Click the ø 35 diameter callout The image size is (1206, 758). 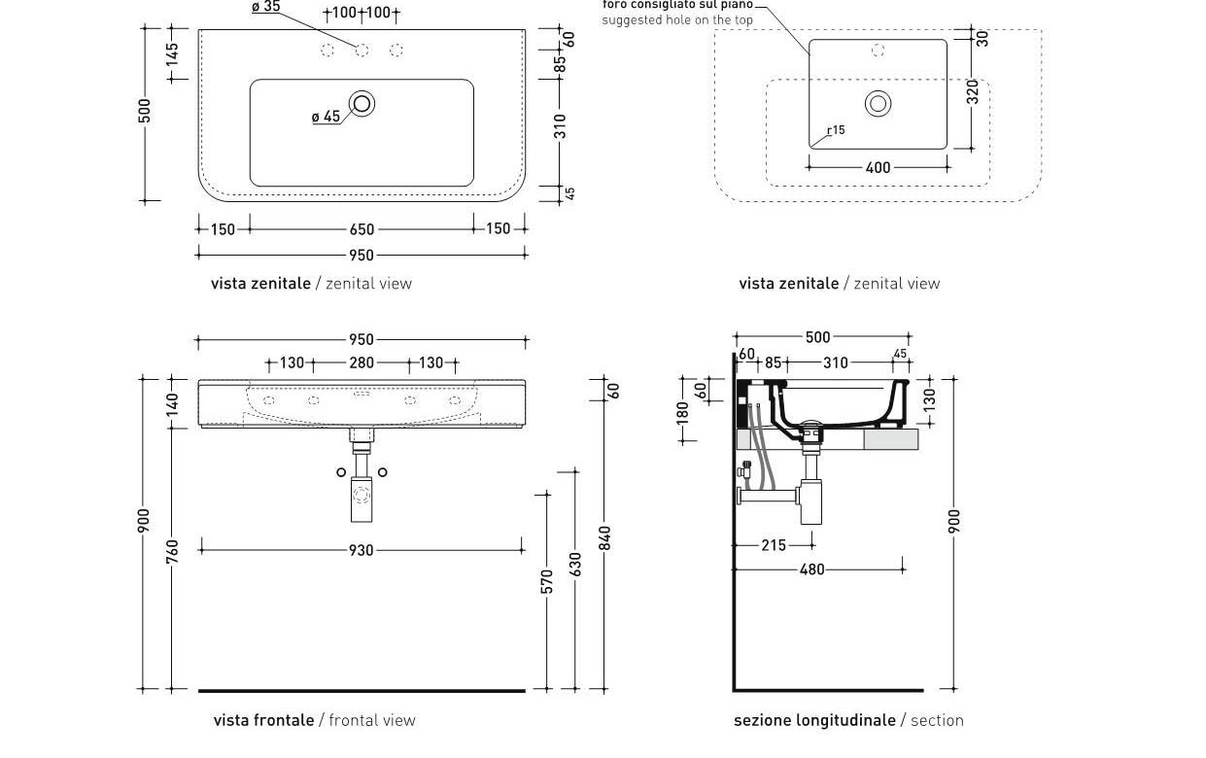pyautogui.click(x=266, y=7)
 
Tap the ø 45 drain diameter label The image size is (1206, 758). pyautogui.click(x=326, y=117)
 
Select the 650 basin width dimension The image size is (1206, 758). pyautogui.click(x=362, y=230)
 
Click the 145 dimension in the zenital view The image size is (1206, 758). pyautogui.click(x=172, y=53)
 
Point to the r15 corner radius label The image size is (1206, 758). pyautogui.click(x=836, y=130)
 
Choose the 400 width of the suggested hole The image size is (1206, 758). pyautogui.click(x=878, y=168)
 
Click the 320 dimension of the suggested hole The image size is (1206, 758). pyautogui.click(x=973, y=92)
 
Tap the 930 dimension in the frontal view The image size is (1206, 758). pyautogui.click(x=361, y=550)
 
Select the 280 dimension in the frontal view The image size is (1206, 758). pyautogui.click(x=362, y=362)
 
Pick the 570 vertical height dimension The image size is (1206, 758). pyautogui.click(x=546, y=581)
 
